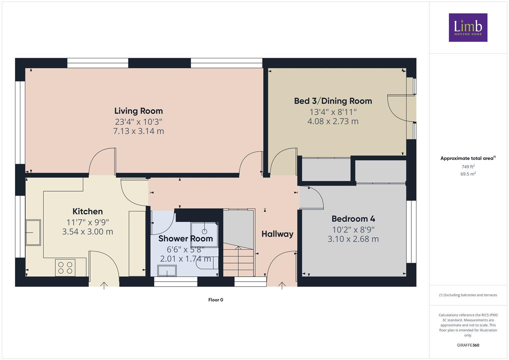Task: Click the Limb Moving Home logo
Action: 468,28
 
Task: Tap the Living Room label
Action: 138,111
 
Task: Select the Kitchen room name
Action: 88,211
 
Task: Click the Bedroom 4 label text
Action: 353,219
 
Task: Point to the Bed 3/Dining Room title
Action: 333,101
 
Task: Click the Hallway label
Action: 277,234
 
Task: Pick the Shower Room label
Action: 185,239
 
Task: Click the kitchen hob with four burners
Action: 65,268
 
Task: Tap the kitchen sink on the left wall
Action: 33,232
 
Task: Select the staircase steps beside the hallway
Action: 238,260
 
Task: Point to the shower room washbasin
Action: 167,271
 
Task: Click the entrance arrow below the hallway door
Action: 282,285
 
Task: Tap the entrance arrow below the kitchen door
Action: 104,285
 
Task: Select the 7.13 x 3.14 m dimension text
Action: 138,131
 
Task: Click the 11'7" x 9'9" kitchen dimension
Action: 88,222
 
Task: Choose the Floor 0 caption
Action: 216,300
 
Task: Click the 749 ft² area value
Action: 468,167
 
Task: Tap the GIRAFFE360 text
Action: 468,345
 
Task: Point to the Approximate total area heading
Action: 468,158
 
